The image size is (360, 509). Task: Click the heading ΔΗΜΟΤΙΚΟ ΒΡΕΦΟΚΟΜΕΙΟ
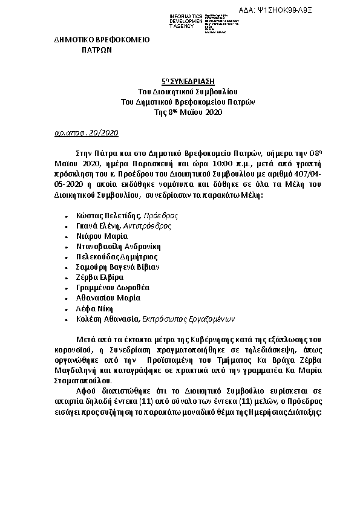(x=93, y=40)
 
